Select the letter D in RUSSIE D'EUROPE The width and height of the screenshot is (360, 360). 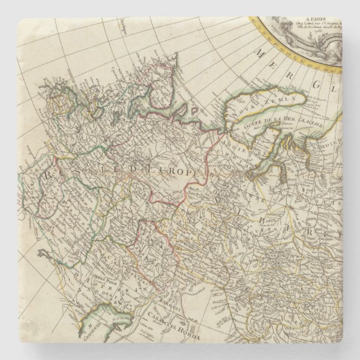130,174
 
